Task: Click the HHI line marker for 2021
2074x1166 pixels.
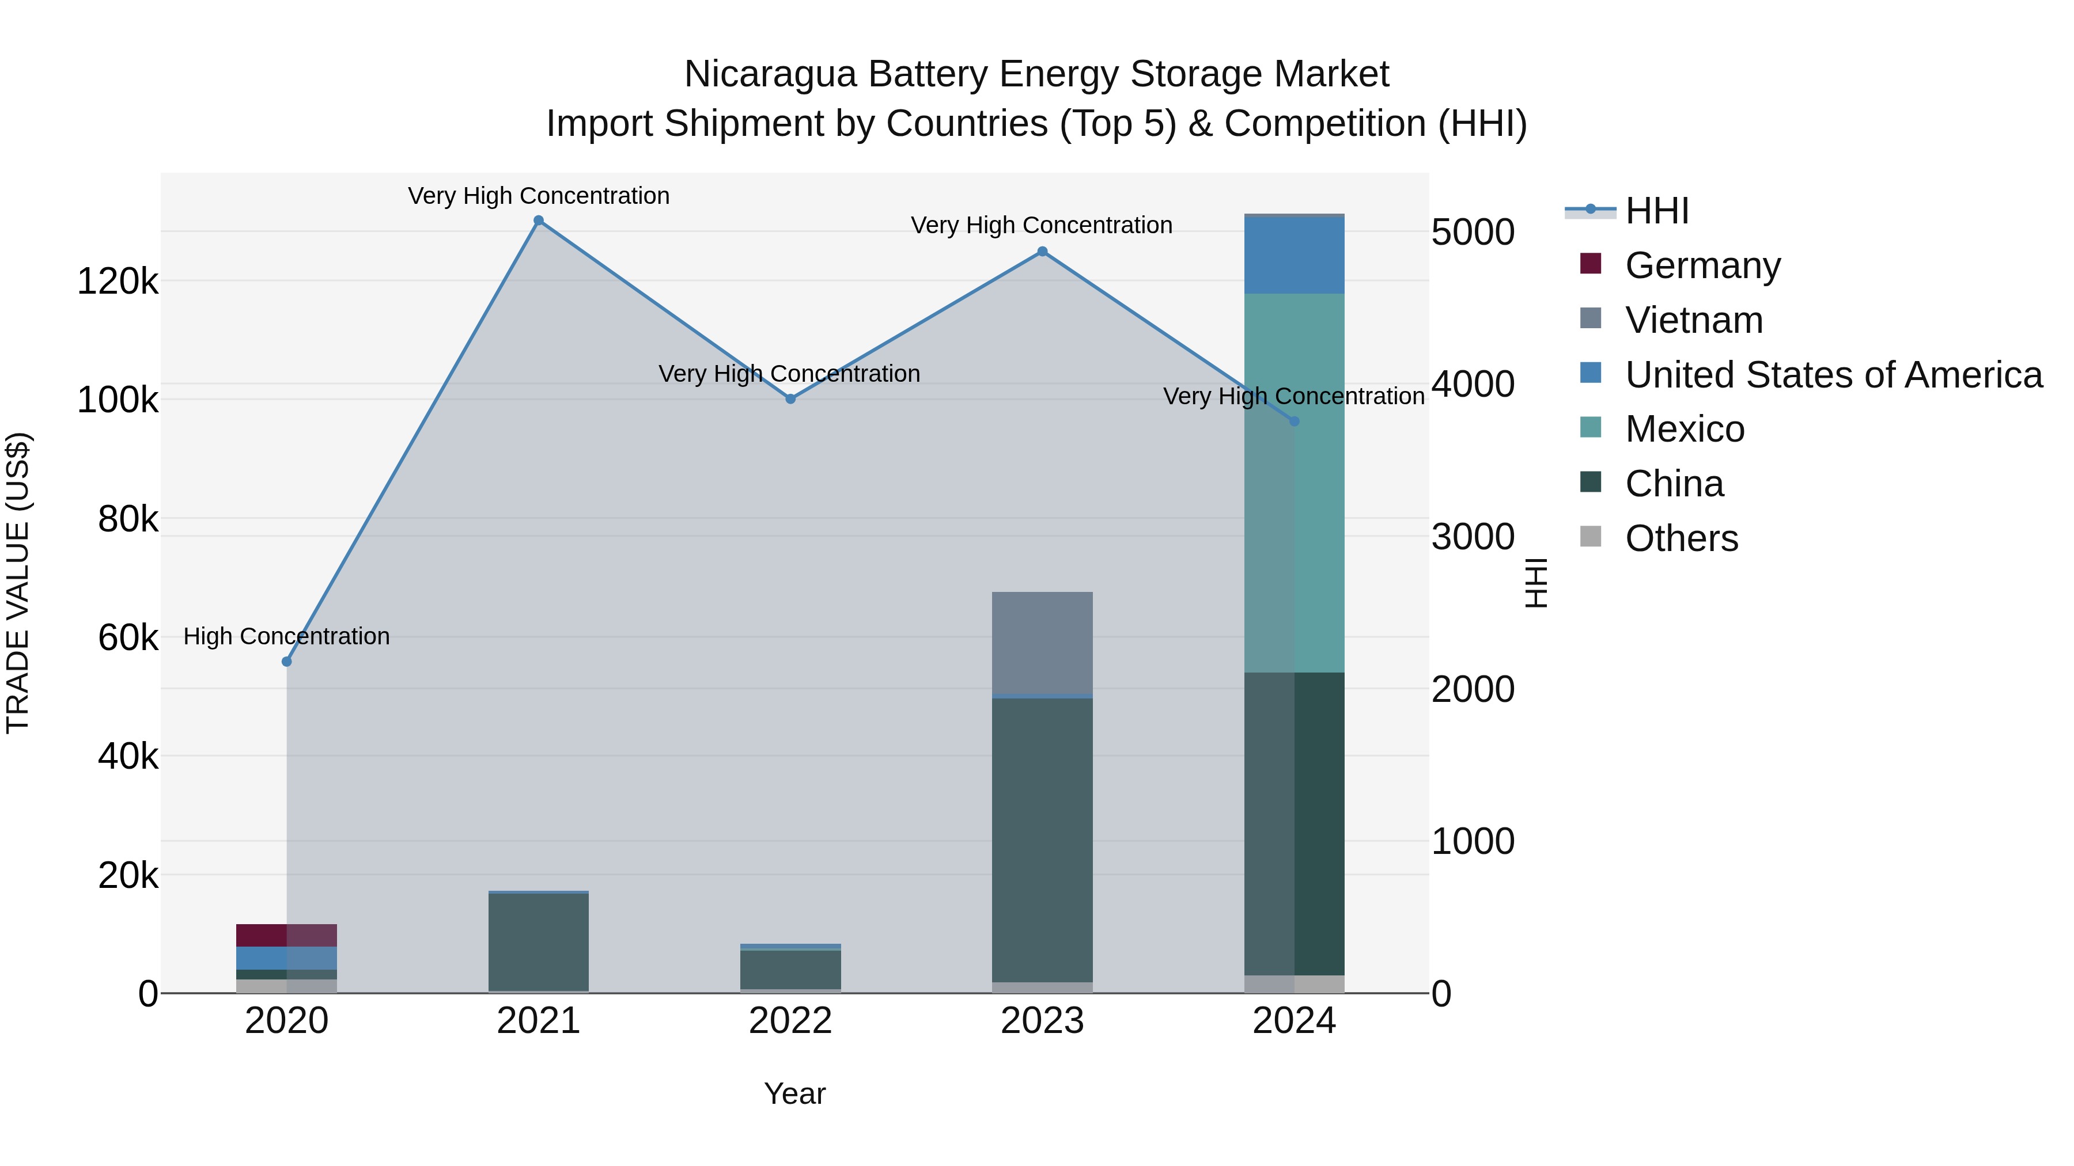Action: pyautogui.click(x=539, y=221)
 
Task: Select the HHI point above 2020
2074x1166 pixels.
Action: pyautogui.click(x=287, y=662)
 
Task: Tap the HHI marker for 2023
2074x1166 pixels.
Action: pyautogui.click(x=1042, y=252)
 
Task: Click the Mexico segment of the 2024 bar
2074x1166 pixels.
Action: pyautogui.click(x=1295, y=483)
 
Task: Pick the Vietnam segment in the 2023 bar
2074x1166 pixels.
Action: pyautogui.click(x=1042, y=642)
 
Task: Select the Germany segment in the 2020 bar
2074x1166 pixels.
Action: pyautogui.click(x=287, y=935)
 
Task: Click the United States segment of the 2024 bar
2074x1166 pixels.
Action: pyautogui.click(x=1295, y=255)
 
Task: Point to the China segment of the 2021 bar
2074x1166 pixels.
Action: pyautogui.click(x=539, y=941)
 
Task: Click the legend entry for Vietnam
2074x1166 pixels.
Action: pyautogui.click(x=1693, y=320)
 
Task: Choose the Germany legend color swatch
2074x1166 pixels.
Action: pyautogui.click(x=1590, y=264)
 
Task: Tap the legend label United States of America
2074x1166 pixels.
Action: pyautogui.click(x=1833, y=375)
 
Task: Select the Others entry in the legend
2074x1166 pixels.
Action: pyautogui.click(x=1681, y=538)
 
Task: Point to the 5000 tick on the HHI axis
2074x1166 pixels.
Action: pyautogui.click(x=1473, y=233)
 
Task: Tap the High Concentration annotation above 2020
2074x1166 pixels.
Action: pyautogui.click(x=287, y=636)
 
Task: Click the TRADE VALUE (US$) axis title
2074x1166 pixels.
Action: pyautogui.click(x=18, y=583)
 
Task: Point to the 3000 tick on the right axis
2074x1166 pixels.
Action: pyautogui.click(x=1473, y=538)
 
